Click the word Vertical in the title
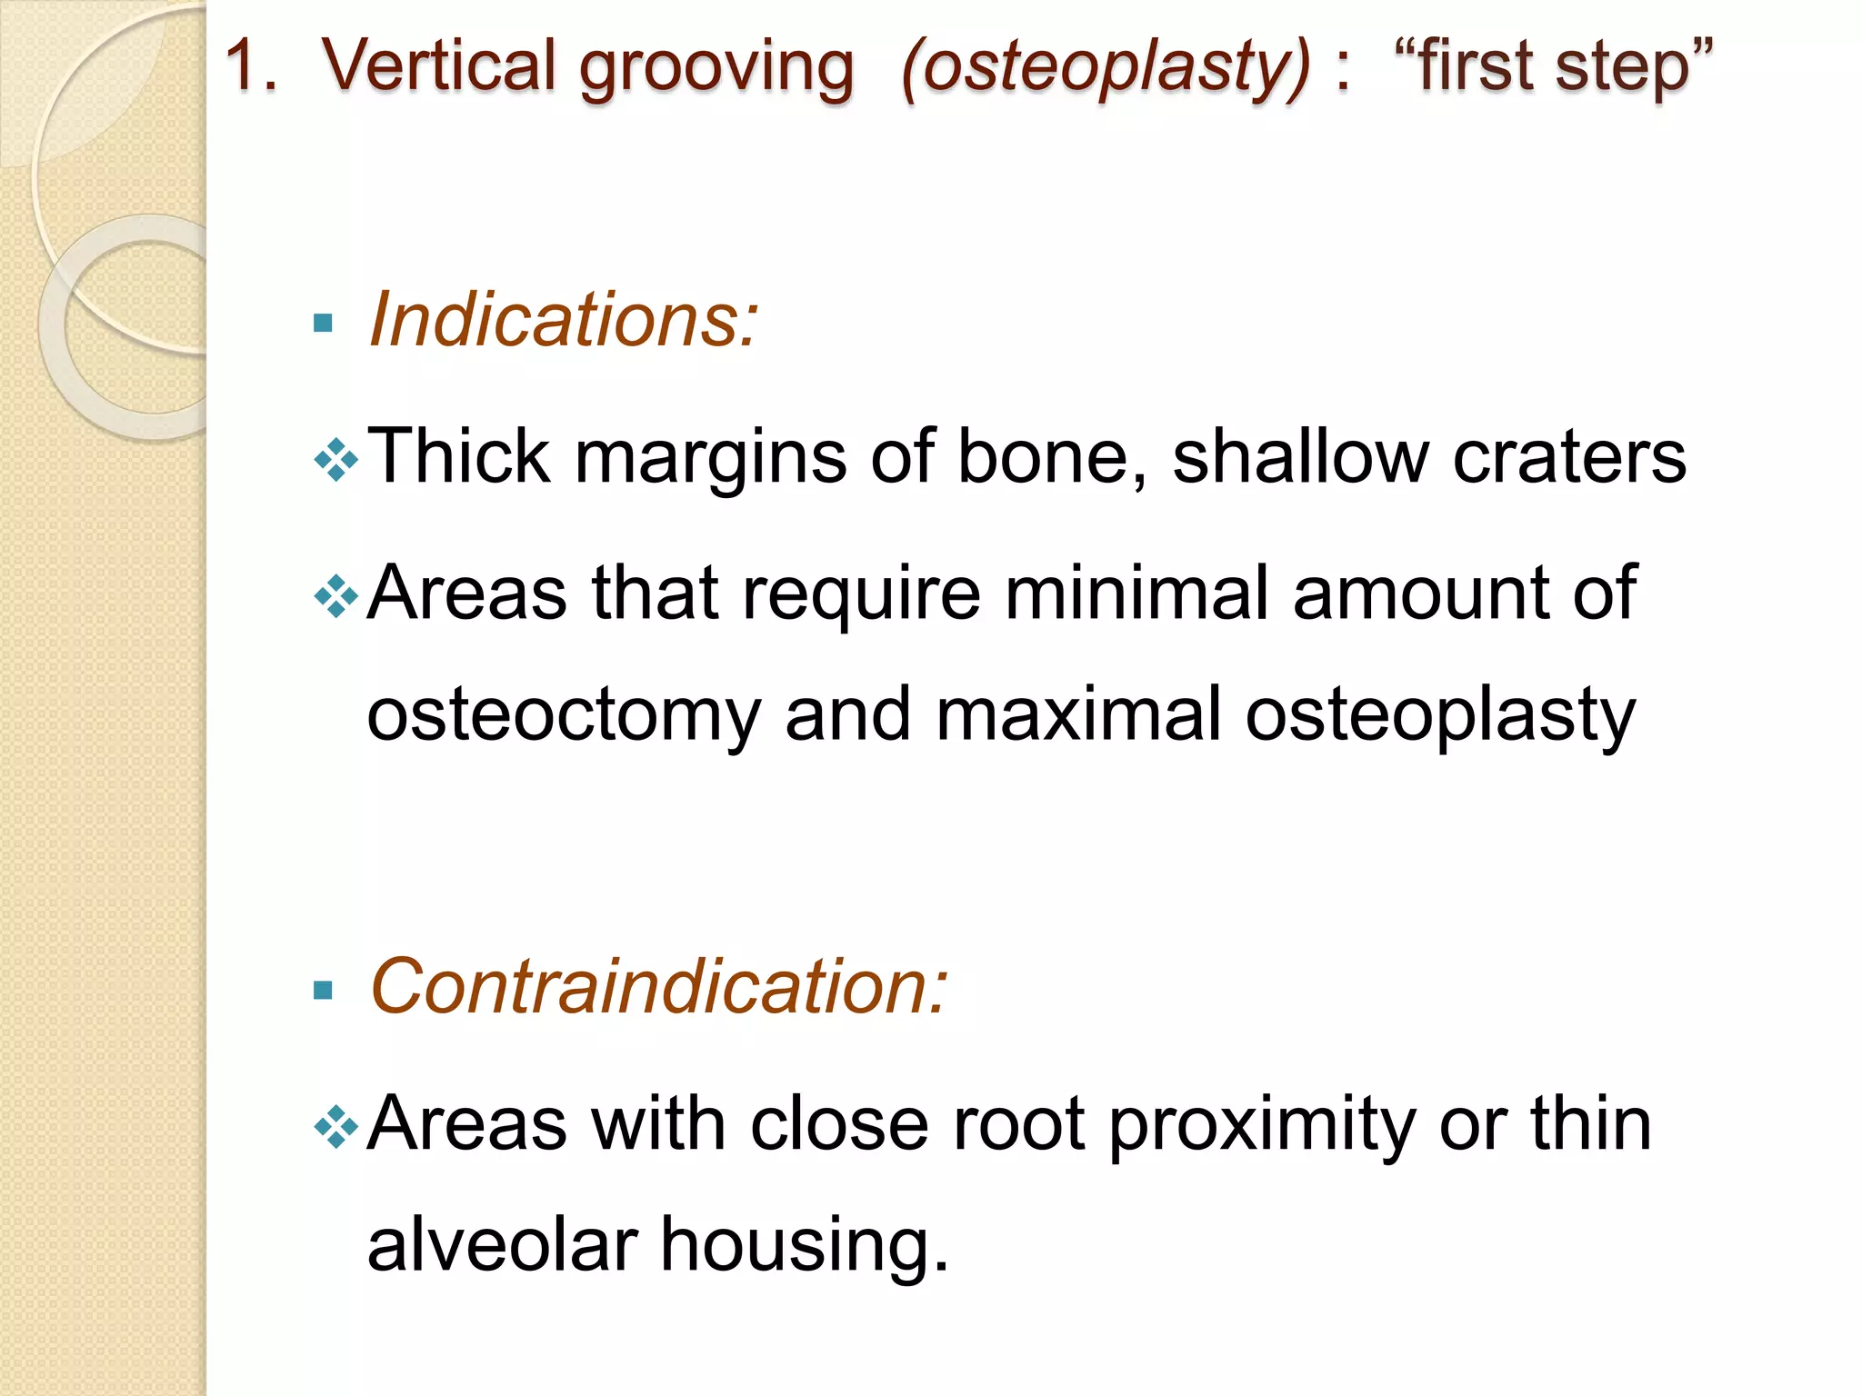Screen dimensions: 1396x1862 coord(438,65)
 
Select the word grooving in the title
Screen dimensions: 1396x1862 coord(716,69)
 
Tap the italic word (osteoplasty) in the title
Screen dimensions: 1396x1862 coord(1106,69)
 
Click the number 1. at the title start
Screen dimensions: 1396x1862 coord(251,65)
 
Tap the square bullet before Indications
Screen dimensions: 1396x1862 coord(323,323)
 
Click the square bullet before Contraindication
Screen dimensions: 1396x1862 coord(323,990)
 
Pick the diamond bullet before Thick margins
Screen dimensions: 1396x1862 coord(335,460)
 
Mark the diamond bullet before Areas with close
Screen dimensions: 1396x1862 coord(335,1127)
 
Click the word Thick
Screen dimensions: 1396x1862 coord(458,456)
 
